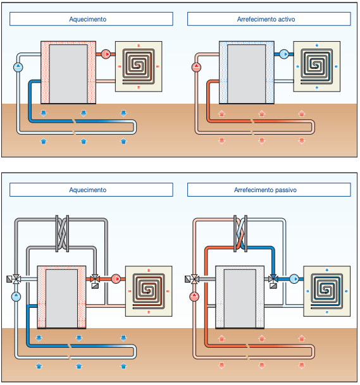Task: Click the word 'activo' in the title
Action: click(x=285, y=19)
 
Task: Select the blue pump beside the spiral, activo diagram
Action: click(x=284, y=54)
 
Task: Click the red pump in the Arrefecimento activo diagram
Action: click(x=196, y=67)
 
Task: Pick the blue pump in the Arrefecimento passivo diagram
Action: click(x=294, y=279)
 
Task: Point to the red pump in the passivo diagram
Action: click(x=194, y=296)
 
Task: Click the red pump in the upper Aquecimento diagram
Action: click(x=106, y=54)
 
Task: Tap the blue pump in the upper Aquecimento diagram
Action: click(x=18, y=67)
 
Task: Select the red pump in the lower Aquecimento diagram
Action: click(x=116, y=279)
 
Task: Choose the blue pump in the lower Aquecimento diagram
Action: click(x=16, y=296)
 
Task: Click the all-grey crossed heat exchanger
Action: click(x=62, y=233)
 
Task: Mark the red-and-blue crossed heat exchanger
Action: click(x=240, y=233)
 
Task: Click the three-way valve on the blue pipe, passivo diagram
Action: click(x=273, y=279)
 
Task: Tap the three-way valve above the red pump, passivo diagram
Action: click(x=194, y=279)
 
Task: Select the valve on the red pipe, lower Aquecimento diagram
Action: click(x=95, y=279)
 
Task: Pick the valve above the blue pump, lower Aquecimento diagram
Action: click(x=16, y=279)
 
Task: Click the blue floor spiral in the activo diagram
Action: click(x=317, y=66)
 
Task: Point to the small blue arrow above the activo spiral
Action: click(x=317, y=45)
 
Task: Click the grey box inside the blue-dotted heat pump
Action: click(x=247, y=74)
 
